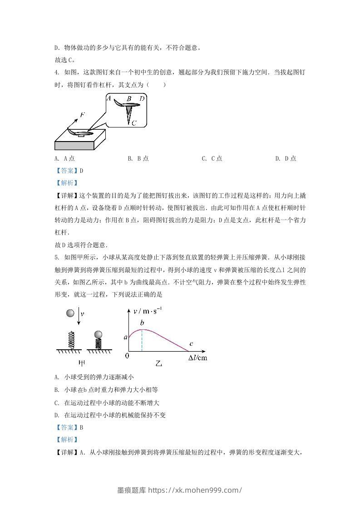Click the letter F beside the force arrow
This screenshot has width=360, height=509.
pyautogui.click(x=82, y=115)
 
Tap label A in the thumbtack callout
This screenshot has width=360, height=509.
pyautogui.click(x=108, y=98)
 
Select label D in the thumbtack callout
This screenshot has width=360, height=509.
pyautogui.click(x=142, y=98)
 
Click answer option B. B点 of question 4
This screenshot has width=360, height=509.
pyautogui.click(x=138, y=158)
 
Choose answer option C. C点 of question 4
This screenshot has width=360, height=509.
pyautogui.click(x=212, y=158)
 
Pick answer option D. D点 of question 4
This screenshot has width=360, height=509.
pyautogui.click(x=286, y=158)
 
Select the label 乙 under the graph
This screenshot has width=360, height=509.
pyautogui.click(x=158, y=363)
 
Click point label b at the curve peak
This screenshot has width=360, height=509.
pyautogui.click(x=142, y=323)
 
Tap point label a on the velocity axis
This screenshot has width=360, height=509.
pyautogui.click(x=126, y=337)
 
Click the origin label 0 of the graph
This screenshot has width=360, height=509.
pyautogui.click(x=127, y=356)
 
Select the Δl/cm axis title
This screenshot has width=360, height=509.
pyautogui.click(x=198, y=358)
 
